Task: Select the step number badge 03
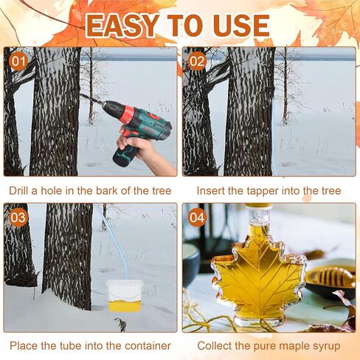pyautogui.click(x=18, y=218)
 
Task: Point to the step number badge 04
pyautogui.click(x=197, y=218)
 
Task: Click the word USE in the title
pyautogui.click(x=239, y=25)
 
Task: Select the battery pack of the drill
pyautogui.click(x=123, y=156)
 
